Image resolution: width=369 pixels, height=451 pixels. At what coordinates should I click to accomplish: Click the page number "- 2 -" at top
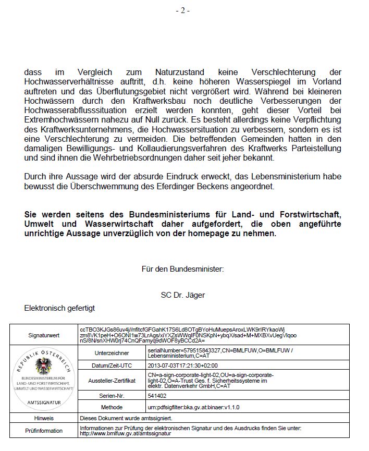(x=182, y=11)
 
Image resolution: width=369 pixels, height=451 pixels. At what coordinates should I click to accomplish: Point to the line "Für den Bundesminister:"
(x=182, y=269)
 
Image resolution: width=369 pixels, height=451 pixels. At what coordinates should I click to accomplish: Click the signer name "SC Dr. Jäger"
(x=183, y=295)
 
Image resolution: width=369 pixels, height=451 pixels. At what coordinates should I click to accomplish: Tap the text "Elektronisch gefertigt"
(x=59, y=308)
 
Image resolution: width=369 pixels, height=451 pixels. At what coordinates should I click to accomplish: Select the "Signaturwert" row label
(x=44, y=334)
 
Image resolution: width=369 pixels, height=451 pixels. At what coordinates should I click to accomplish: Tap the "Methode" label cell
(x=112, y=407)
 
